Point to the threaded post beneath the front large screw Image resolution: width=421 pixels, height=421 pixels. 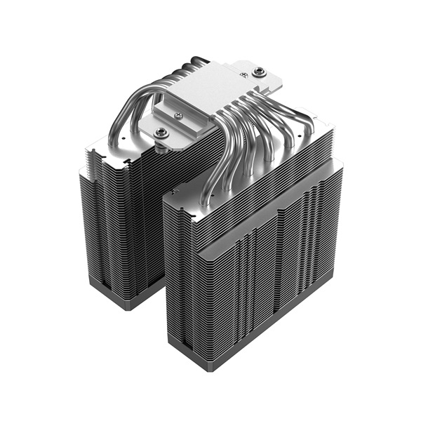pyautogui.click(x=163, y=144)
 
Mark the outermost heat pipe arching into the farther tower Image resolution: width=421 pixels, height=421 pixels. pyautogui.click(x=130, y=112)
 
